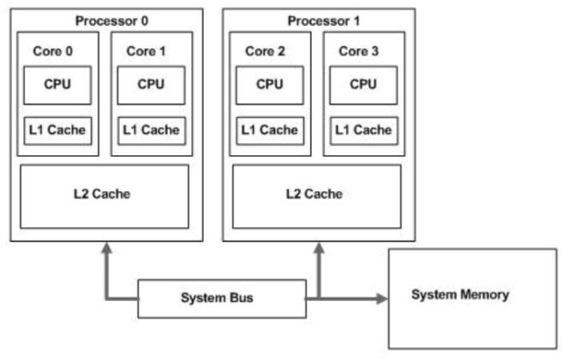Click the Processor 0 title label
[x=108, y=20]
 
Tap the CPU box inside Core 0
[x=57, y=86]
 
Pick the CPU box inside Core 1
[x=151, y=86]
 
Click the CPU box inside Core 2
[x=269, y=86]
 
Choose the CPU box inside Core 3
[x=362, y=86]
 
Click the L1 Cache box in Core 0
[x=57, y=130]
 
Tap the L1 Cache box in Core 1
[x=151, y=130]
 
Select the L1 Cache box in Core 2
[x=269, y=130]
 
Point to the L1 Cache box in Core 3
[x=362, y=130]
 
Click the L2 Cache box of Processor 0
[x=104, y=195]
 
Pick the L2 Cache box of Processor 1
[x=316, y=195]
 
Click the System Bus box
[x=219, y=298]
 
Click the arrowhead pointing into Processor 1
[x=320, y=249]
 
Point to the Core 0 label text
[x=52, y=51]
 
